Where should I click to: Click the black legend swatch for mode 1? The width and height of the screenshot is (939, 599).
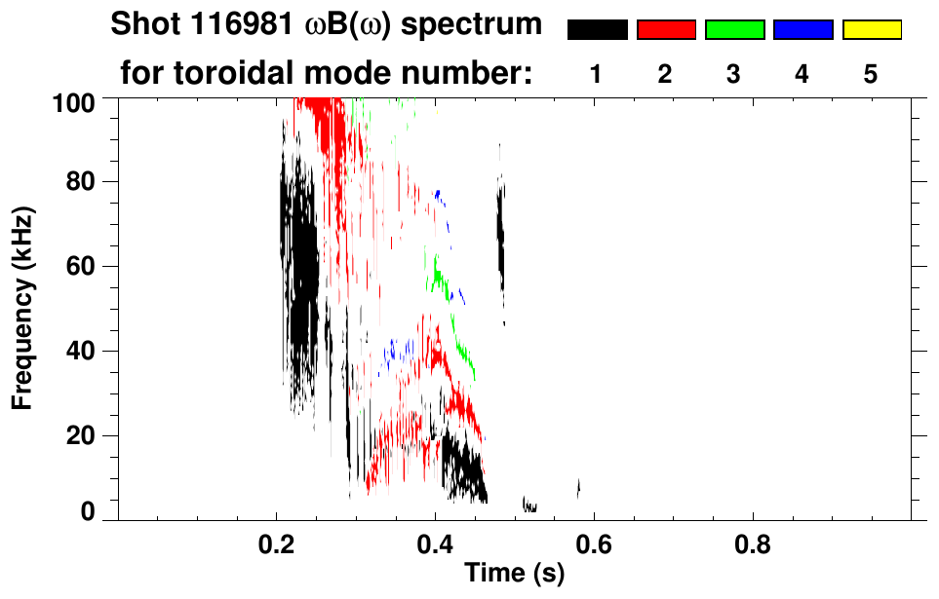tap(598, 30)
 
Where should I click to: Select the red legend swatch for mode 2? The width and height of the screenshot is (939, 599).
tap(666, 30)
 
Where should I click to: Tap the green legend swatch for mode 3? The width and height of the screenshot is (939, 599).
tap(734, 30)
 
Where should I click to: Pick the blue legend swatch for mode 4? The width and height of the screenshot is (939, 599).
tap(802, 30)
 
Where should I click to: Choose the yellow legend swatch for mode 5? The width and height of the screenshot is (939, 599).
tap(872, 30)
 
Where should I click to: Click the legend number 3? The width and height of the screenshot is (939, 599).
tap(734, 74)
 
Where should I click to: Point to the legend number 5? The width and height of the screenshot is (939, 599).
tap(871, 74)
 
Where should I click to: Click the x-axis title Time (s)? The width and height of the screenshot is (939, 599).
tap(513, 573)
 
